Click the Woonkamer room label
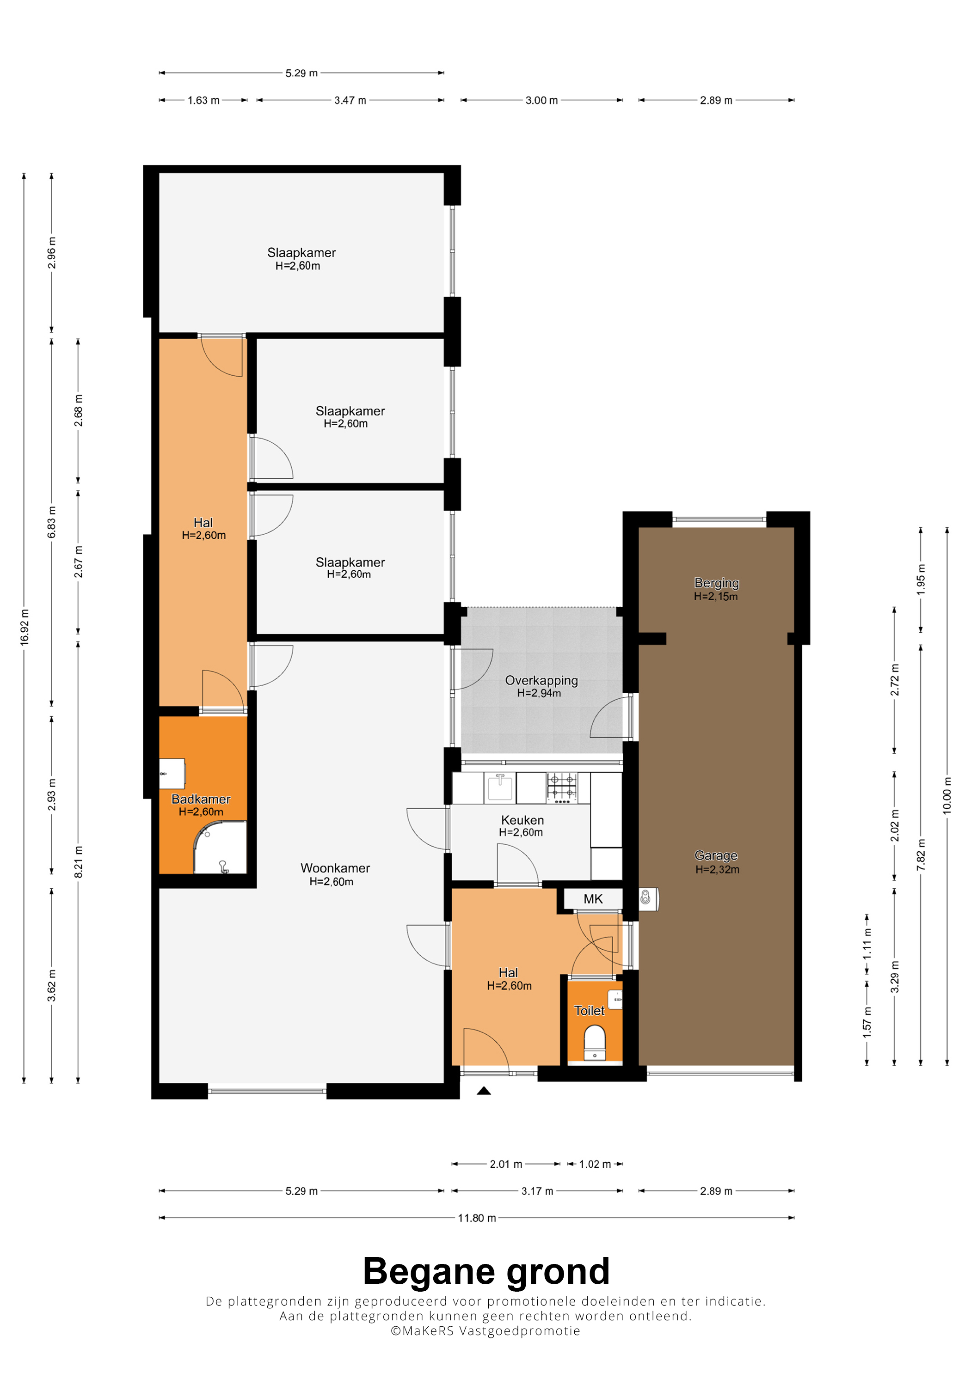click(x=335, y=868)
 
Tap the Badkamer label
click(x=201, y=799)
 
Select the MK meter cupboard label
click(x=593, y=899)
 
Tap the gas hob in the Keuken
click(x=562, y=787)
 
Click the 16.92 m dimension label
click(x=25, y=627)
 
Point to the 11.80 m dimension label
click(x=477, y=1218)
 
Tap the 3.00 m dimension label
click(x=541, y=100)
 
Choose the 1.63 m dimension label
click(x=203, y=100)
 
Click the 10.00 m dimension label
click(x=946, y=795)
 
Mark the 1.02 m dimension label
click(x=595, y=1164)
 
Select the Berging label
click(x=717, y=583)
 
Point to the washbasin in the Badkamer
click(x=172, y=774)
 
